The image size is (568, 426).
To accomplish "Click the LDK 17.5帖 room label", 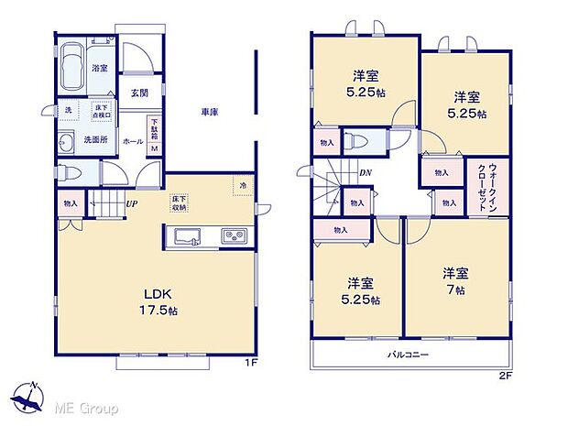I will coord(157,301).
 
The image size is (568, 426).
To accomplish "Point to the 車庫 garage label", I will coord(209,113).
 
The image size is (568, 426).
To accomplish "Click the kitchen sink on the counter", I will coord(189,237).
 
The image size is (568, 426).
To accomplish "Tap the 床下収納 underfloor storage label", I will coord(179,202).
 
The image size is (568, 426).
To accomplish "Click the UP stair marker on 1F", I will coord(133,203).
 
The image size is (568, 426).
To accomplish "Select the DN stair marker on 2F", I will coord(365,172).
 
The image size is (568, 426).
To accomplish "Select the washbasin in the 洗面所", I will coord(67,142).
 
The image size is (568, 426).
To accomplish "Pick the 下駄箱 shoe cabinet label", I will coord(154,127).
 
